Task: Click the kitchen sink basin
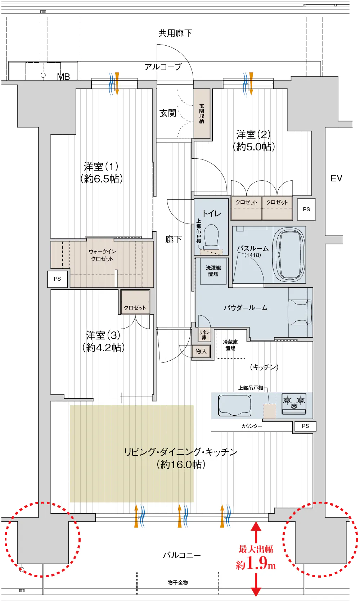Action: click(234, 405)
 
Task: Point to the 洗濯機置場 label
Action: click(213, 271)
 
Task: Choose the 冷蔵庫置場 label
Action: click(230, 345)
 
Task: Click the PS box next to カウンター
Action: click(305, 426)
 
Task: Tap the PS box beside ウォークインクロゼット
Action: click(58, 279)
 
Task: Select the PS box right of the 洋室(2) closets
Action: click(306, 209)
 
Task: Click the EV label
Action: click(336, 178)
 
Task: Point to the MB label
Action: click(63, 77)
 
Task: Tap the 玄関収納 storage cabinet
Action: click(202, 113)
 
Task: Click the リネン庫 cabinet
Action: click(204, 335)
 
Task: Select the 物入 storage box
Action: click(201, 351)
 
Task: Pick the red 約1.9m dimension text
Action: click(256, 563)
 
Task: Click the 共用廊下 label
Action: click(175, 33)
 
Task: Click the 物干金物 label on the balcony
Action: click(178, 583)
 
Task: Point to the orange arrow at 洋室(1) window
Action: click(117, 83)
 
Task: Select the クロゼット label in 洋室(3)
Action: click(135, 308)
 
